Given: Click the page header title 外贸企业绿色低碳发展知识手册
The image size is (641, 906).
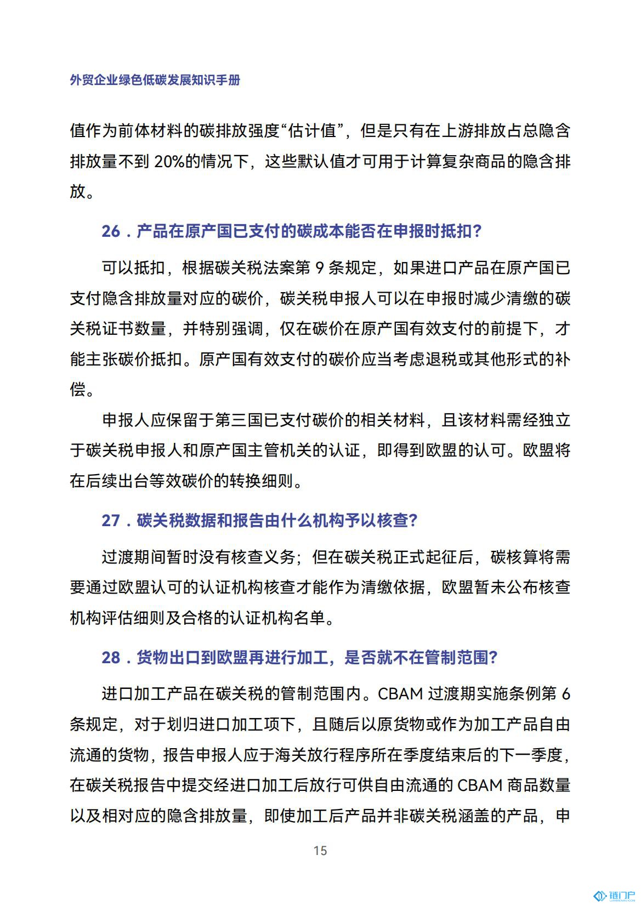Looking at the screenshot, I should pyautogui.click(x=155, y=80).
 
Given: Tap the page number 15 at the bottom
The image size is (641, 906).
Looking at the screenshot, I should pyautogui.click(x=320, y=850).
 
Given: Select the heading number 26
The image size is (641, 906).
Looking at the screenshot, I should pyautogui.click(x=111, y=231).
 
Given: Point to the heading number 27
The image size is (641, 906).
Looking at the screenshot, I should pyautogui.click(x=111, y=520).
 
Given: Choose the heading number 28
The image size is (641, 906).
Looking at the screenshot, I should pyautogui.click(x=111, y=657).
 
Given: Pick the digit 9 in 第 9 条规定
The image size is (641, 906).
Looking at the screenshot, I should pyautogui.click(x=320, y=267).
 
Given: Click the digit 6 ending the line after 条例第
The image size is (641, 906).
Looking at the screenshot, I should pyautogui.click(x=565, y=694).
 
